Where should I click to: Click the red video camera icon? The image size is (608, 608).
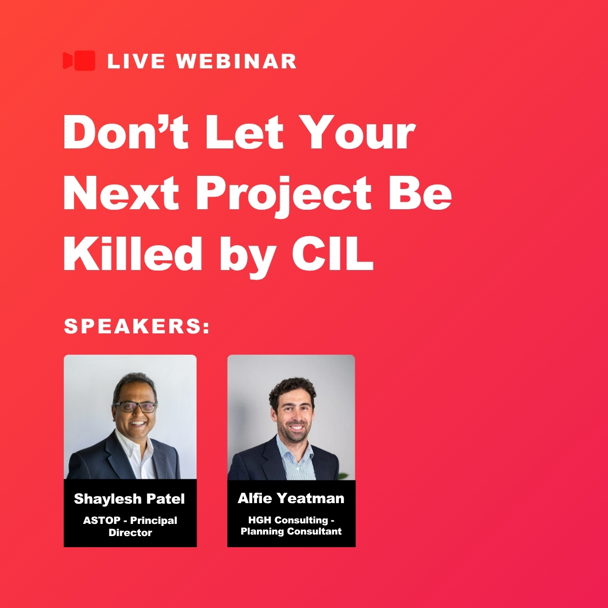pyautogui.click(x=79, y=60)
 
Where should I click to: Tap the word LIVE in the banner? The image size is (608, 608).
pyautogui.click(x=136, y=61)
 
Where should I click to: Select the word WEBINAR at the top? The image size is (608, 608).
pyautogui.click(x=236, y=61)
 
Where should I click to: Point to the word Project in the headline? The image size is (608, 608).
pyautogui.click(x=284, y=196)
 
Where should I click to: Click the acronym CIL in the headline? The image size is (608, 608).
pyautogui.click(x=332, y=253)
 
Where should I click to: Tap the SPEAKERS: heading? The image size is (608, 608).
pyautogui.click(x=137, y=326)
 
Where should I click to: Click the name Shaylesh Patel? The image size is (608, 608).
pyautogui.click(x=129, y=499)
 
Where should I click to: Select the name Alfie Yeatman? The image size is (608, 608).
pyautogui.click(x=291, y=498)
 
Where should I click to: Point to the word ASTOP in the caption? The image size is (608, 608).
pyautogui.click(x=102, y=520)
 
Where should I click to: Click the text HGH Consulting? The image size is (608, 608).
pyautogui.click(x=288, y=520)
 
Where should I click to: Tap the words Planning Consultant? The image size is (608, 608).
pyautogui.click(x=291, y=531)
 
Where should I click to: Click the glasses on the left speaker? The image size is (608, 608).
pyautogui.click(x=135, y=407)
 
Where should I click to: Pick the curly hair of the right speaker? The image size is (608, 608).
pyautogui.click(x=292, y=390)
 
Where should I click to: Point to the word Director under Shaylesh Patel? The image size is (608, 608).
pyautogui.click(x=130, y=533)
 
